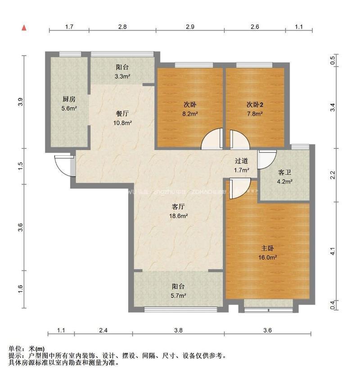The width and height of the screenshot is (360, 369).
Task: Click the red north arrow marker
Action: tap(24, 28)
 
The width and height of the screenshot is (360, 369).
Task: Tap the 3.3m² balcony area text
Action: tap(122, 76)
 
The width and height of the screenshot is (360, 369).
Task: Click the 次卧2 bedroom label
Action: tap(255, 104)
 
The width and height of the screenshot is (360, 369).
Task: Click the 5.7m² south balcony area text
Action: tap(179, 296)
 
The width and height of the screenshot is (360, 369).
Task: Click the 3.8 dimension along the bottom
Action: tap(178, 330)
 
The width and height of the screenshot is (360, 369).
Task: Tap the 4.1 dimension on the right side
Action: tap(333, 252)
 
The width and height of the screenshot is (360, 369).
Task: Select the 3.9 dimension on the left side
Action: tap(19, 102)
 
